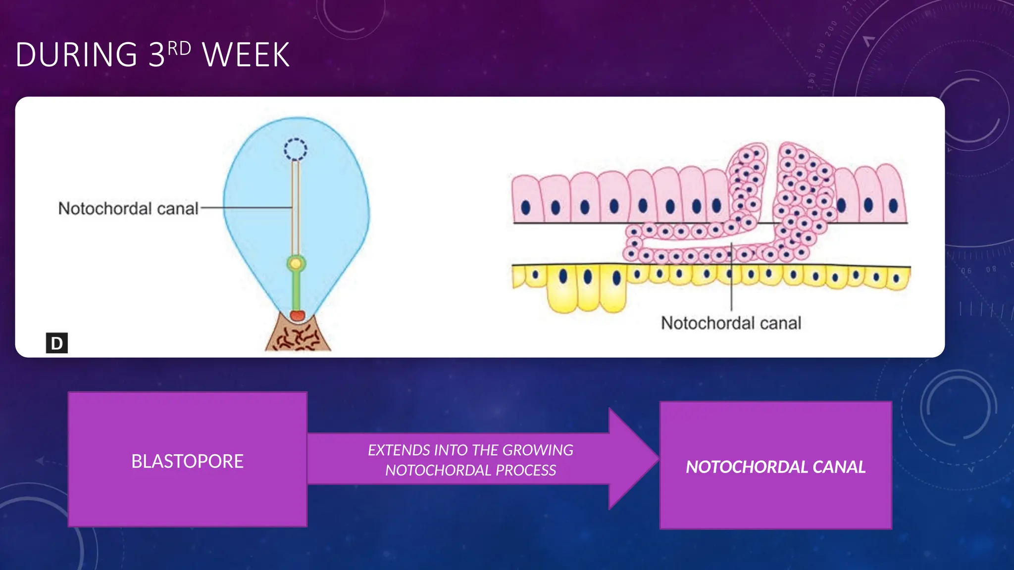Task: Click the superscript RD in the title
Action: pyautogui.click(x=179, y=48)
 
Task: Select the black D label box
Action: pyautogui.click(x=57, y=343)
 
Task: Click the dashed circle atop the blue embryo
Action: pyautogui.click(x=296, y=149)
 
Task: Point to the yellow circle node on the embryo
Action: pyautogui.click(x=296, y=263)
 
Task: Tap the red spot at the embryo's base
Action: pyautogui.click(x=297, y=315)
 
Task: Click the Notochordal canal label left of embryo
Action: pyautogui.click(x=128, y=209)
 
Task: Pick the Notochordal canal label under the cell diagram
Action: pyautogui.click(x=731, y=323)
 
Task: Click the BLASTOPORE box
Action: pyautogui.click(x=188, y=460)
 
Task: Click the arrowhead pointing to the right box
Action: pyautogui.click(x=634, y=459)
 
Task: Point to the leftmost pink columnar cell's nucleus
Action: pyautogui.click(x=526, y=208)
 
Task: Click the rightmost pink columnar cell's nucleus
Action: pyautogui.click(x=893, y=205)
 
